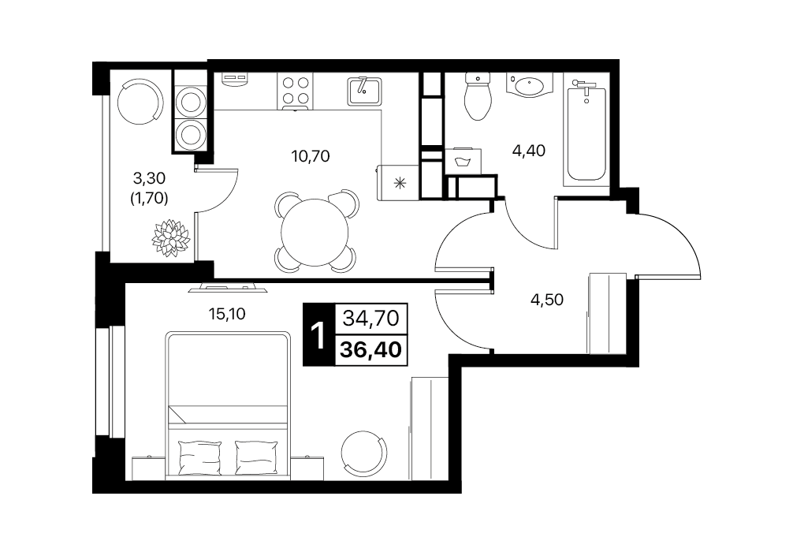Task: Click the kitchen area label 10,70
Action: click(x=311, y=156)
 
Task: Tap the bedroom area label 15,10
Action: click(x=227, y=314)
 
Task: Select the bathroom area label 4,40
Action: click(x=529, y=151)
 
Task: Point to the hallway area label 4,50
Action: click(x=547, y=300)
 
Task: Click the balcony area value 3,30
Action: click(x=149, y=178)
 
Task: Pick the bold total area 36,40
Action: click(x=371, y=349)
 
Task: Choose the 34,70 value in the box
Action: click(x=371, y=319)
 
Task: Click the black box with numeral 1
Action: click(x=318, y=334)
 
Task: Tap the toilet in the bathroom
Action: click(x=478, y=96)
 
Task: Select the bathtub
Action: click(x=586, y=133)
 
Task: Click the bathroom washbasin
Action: click(x=530, y=85)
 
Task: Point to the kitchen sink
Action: click(x=363, y=91)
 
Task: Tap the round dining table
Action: click(x=315, y=233)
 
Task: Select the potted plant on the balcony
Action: click(x=171, y=238)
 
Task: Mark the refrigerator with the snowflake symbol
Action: click(x=399, y=182)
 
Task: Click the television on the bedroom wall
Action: click(x=228, y=287)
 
